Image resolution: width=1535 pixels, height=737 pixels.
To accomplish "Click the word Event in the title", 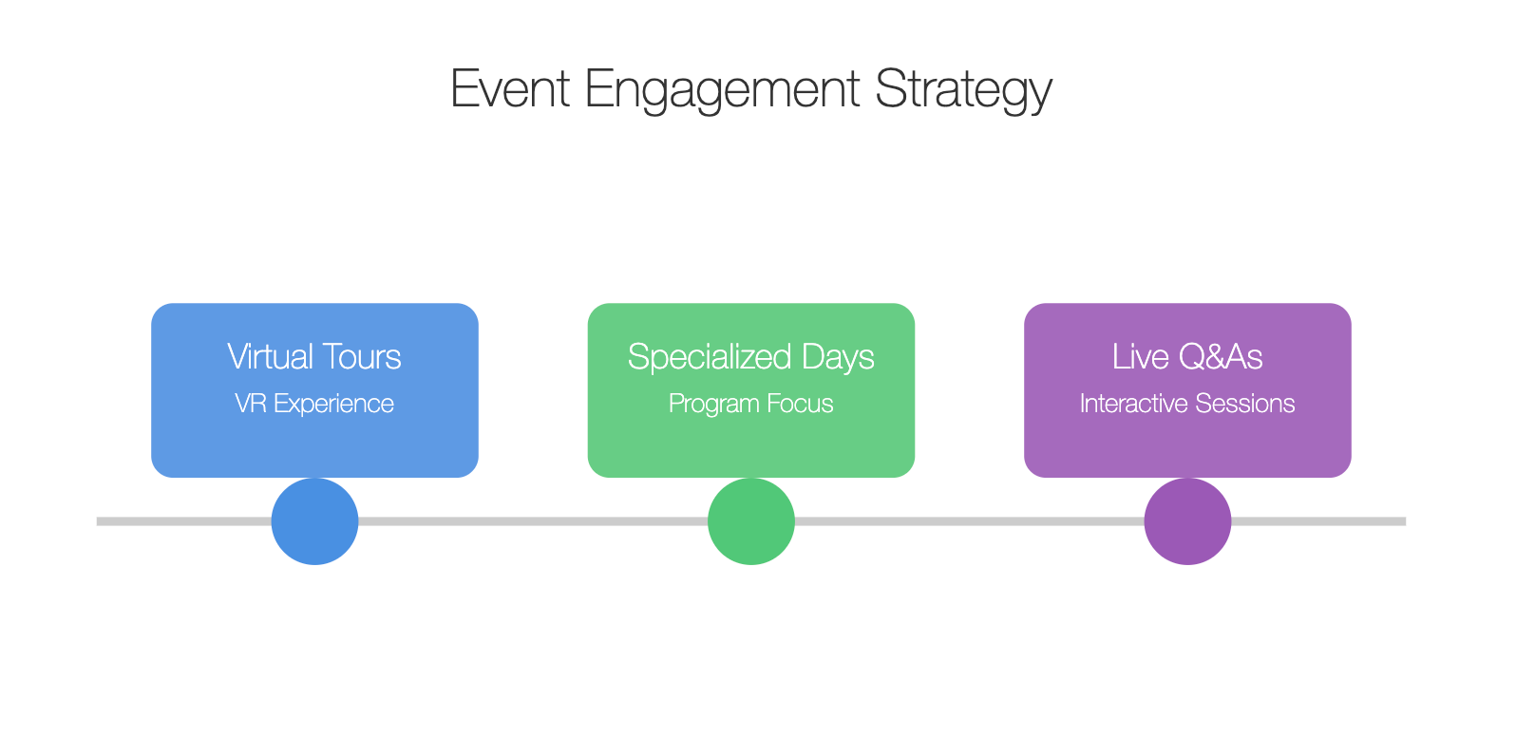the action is (510, 88).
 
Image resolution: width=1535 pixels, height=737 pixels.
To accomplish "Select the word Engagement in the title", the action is (722, 91).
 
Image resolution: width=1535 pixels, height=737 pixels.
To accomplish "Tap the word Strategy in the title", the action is (963, 91).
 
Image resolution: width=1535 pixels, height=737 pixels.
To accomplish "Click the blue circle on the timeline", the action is (314, 521).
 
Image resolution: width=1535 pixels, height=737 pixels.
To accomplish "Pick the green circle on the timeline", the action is (751, 521).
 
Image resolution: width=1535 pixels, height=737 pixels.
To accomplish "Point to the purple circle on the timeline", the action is (1187, 521).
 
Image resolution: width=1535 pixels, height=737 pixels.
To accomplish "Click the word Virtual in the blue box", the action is (270, 356).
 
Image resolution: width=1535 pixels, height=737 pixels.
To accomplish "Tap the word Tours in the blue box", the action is (362, 356).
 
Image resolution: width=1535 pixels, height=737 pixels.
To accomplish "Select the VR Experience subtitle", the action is (314, 405).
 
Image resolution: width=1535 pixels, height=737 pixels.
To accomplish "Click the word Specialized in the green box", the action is (710, 357).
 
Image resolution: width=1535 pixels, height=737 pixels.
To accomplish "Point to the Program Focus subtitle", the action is (751, 405).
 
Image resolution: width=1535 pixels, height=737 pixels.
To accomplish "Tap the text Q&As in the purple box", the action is (1221, 356).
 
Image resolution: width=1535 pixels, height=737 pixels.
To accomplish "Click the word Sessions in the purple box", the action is (1242, 404).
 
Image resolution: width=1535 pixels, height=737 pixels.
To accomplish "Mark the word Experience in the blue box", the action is (333, 405).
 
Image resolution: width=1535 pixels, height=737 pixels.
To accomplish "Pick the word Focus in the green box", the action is (800, 404).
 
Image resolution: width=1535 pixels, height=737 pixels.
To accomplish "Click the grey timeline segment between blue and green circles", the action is (533, 521).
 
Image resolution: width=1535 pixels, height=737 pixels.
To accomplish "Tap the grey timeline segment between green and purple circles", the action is (970, 521).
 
